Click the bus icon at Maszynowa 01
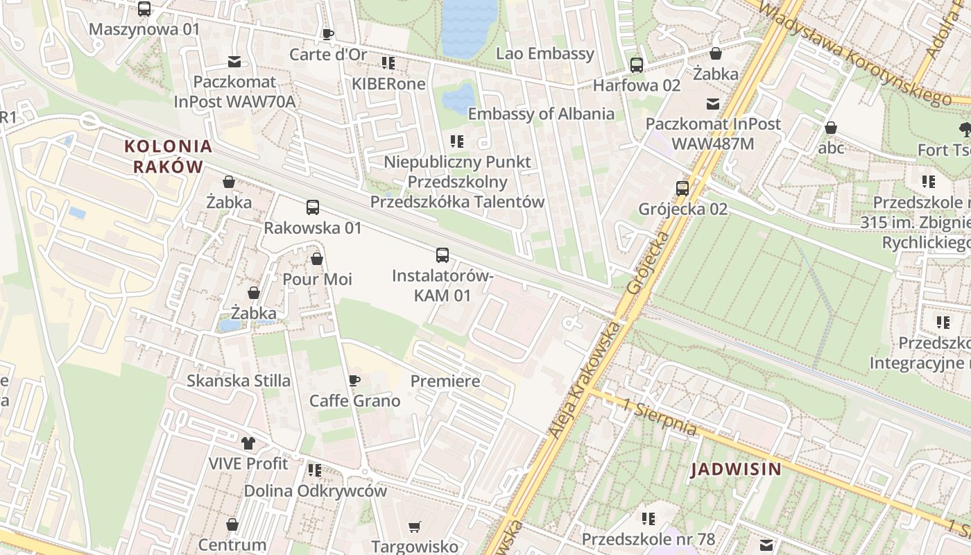(x=144, y=9)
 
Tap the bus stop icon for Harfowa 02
(x=637, y=65)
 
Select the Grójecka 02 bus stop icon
(x=682, y=189)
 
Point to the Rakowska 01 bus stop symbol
(x=313, y=207)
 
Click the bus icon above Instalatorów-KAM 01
(x=442, y=255)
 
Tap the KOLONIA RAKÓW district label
(x=168, y=156)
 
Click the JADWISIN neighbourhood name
(x=736, y=469)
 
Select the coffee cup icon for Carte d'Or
(x=328, y=34)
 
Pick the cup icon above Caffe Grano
(x=354, y=381)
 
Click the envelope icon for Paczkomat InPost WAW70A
(x=234, y=62)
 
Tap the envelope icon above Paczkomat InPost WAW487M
(x=713, y=104)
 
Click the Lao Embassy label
(x=545, y=53)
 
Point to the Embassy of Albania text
(x=541, y=114)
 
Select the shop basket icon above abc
(x=831, y=128)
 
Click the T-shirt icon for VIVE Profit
(x=248, y=443)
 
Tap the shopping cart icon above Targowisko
(x=415, y=527)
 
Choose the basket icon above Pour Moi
(x=317, y=259)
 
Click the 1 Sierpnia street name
(x=660, y=417)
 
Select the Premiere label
(x=445, y=381)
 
